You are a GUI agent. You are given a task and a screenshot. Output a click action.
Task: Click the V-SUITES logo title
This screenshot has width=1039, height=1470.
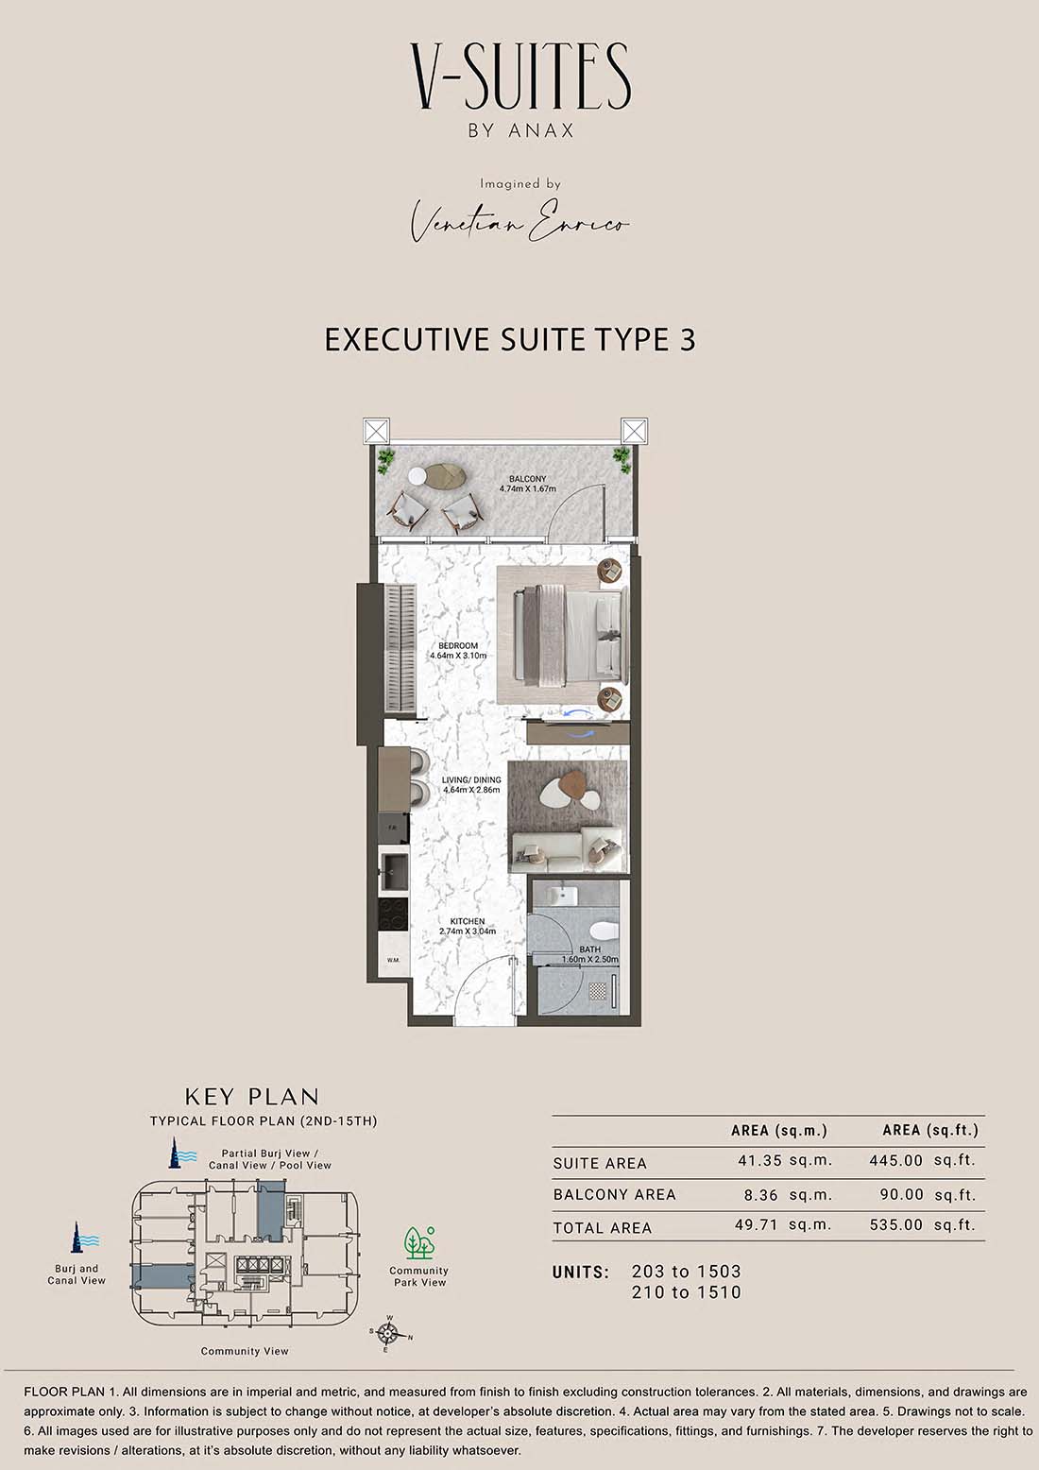520,77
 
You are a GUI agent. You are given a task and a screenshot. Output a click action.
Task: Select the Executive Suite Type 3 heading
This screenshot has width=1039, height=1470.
510,340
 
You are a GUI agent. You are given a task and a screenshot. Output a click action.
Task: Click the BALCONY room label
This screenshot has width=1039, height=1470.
527,479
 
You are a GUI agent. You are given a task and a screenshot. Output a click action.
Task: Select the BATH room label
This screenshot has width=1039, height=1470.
589,949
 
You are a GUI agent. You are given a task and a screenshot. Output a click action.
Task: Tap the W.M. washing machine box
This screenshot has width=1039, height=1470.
394,960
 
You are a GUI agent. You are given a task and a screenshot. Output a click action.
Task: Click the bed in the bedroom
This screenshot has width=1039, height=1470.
570,636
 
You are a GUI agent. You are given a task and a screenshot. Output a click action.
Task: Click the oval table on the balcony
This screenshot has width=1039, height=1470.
446,475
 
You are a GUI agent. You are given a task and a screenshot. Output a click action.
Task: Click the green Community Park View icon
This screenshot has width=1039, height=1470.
418,1242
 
